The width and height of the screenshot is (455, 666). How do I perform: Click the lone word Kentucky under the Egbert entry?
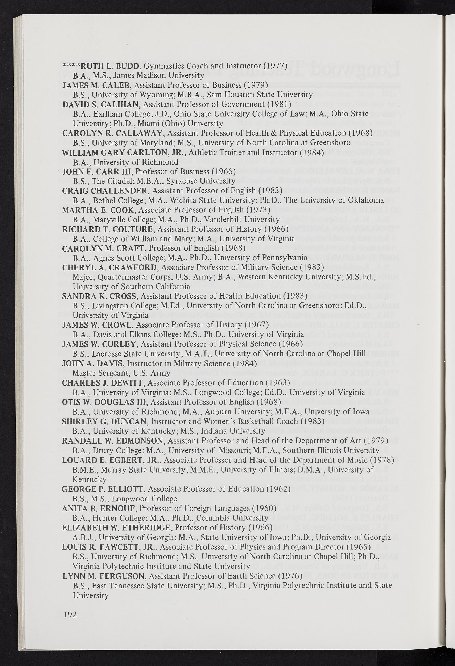pos(90,479)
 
